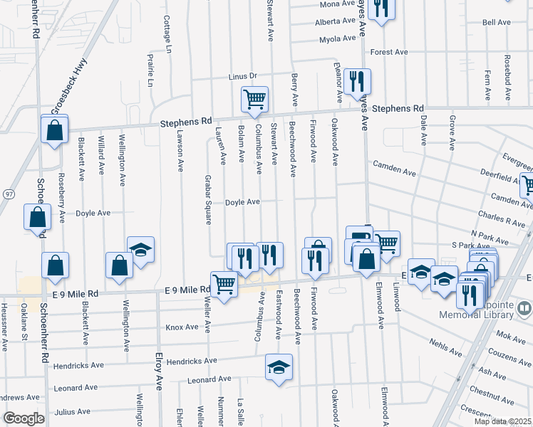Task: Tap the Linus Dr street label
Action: point(242,76)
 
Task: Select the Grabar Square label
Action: point(208,199)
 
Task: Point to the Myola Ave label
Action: point(337,40)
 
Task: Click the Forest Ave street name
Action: point(388,52)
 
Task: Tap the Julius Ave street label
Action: point(73,411)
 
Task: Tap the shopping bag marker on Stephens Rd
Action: point(54,130)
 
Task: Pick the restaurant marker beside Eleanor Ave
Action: point(355,80)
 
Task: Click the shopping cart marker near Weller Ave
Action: point(224,285)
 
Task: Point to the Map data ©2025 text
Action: point(502,421)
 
